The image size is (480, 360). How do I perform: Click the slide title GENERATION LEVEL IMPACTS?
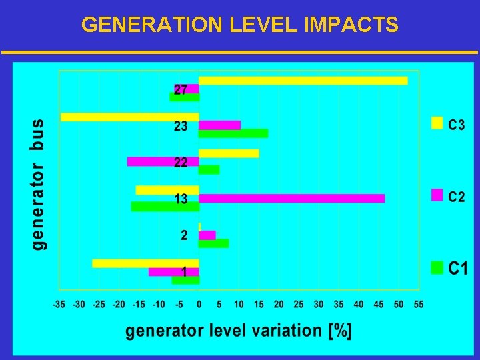[240, 25]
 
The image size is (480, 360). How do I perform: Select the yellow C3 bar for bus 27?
[303, 81]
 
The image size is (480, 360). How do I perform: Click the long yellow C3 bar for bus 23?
[130, 117]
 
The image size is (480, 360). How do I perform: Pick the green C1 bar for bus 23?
[233, 133]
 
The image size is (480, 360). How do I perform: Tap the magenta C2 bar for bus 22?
[163, 161]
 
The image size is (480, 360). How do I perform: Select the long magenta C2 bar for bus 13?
[292, 198]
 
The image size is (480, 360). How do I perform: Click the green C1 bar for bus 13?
[165, 207]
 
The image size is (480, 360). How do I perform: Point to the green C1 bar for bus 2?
[214, 243]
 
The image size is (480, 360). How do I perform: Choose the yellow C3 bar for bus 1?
[145, 263]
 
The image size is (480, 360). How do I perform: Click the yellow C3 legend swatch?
[437, 123]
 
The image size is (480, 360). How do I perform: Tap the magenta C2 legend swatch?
[437, 195]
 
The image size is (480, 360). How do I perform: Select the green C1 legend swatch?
[437, 267]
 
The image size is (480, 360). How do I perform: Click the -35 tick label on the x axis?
[60, 305]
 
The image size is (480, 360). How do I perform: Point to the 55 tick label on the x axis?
[419, 305]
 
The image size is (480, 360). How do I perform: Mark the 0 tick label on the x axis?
[199, 305]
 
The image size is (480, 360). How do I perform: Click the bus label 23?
[181, 126]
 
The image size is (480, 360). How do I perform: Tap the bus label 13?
[181, 199]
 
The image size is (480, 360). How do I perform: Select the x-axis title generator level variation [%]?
[239, 331]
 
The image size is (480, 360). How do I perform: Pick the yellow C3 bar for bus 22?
[229, 153]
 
